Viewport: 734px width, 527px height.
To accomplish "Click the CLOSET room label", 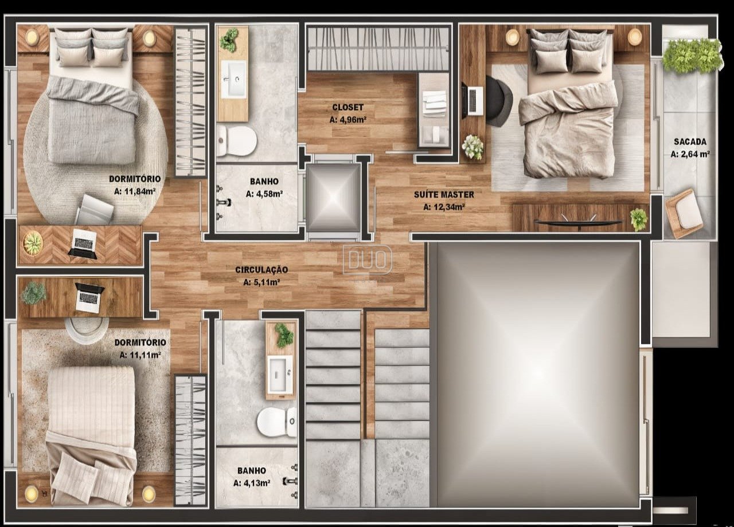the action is (x=348, y=107).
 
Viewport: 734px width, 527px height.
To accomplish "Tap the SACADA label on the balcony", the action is (x=690, y=141).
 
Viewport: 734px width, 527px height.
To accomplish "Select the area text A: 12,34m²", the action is (x=444, y=207).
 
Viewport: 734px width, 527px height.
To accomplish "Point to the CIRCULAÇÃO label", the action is (x=261, y=270).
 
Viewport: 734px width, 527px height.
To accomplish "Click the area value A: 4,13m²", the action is (x=252, y=483).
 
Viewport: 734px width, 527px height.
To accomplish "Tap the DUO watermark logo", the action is (x=368, y=259).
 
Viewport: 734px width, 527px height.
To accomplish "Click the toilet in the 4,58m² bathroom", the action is (x=236, y=141).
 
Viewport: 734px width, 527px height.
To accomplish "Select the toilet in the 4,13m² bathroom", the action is (x=276, y=422).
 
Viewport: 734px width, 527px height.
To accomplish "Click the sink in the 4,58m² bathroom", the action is (x=233, y=79).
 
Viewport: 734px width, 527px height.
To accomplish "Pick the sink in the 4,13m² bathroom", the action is (x=280, y=375).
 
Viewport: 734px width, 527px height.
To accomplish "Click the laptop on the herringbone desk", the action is (x=82, y=242).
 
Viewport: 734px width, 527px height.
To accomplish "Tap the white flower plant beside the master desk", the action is (x=472, y=147).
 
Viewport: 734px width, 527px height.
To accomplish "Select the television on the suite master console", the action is (x=579, y=222).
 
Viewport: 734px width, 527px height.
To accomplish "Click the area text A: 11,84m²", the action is (x=134, y=191).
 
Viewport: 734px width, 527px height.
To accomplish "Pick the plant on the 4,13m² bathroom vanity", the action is (x=283, y=335).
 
